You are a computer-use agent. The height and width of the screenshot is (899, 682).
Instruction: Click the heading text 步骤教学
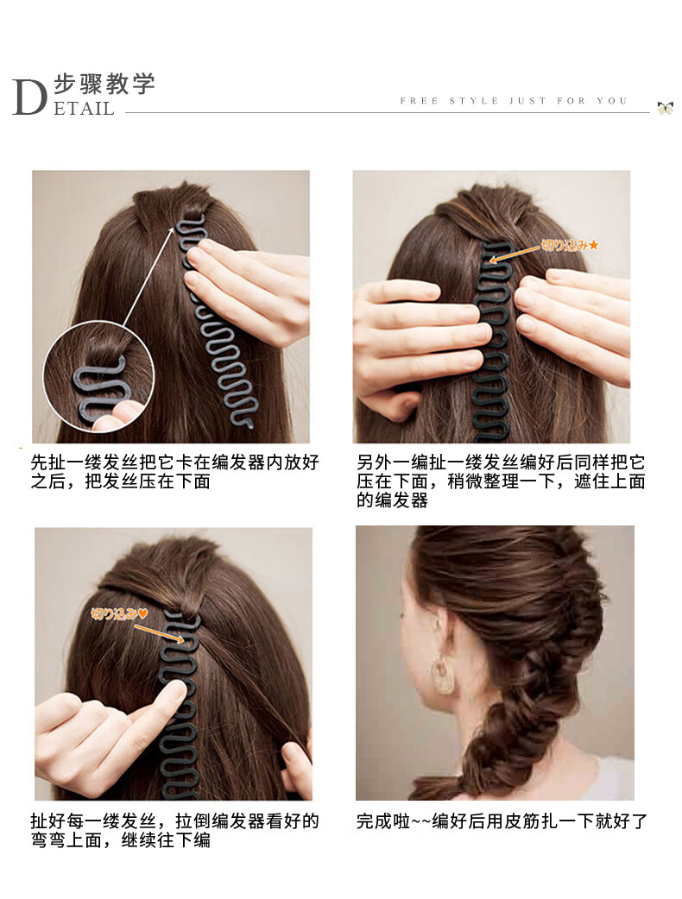pyautogui.click(x=104, y=85)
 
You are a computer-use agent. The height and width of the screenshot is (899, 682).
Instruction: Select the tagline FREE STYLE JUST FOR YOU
pyautogui.click(x=514, y=101)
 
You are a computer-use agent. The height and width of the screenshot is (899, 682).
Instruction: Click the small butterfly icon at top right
pyautogui.click(x=665, y=107)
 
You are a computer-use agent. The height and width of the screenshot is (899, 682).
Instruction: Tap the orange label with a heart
pyautogui.click(x=121, y=614)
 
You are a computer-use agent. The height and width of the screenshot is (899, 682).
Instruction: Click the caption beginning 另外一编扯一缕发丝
pyautogui.click(x=501, y=481)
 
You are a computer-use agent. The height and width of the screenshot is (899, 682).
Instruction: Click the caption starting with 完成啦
pyautogui.click(x=502, y=821)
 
